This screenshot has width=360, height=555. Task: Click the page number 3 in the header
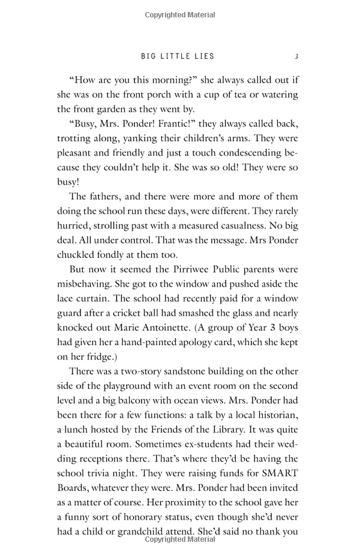[x=296, y=56]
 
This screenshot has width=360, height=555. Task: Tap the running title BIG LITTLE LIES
[x=178, y=56]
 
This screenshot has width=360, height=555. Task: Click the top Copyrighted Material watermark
[x=180, y=13]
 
